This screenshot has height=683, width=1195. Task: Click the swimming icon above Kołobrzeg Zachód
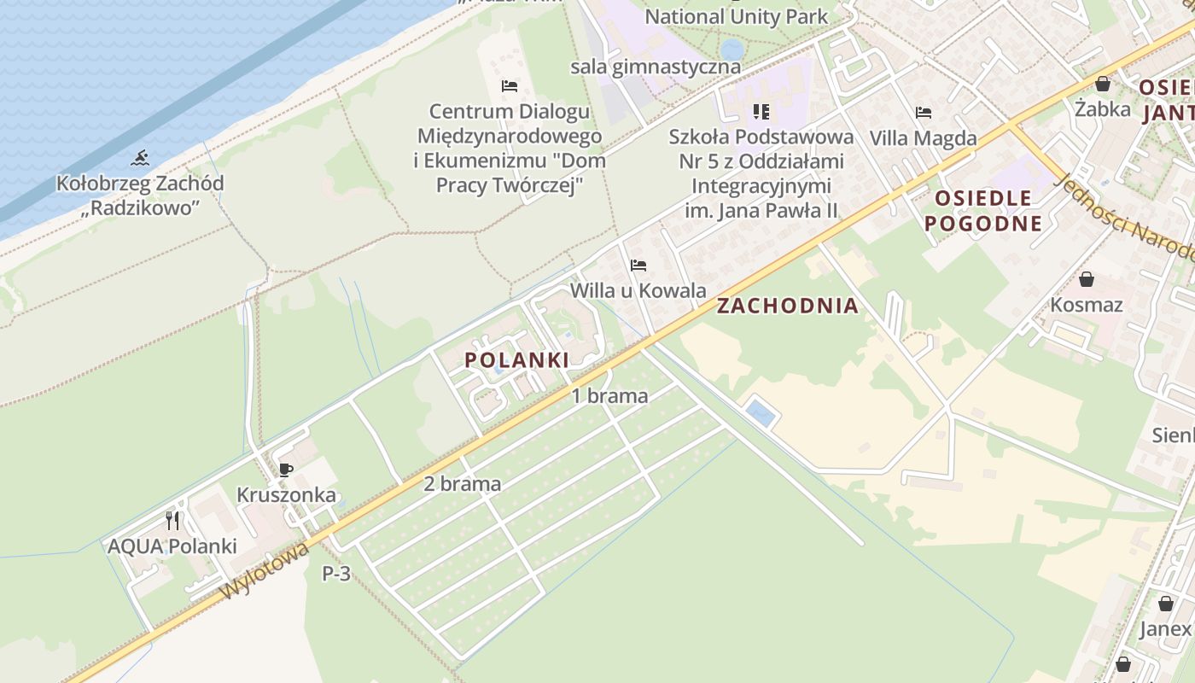[x=140, y=158]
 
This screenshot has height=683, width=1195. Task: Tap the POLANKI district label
[x=516, y=360]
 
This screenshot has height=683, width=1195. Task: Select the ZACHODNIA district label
[x=787, y=306]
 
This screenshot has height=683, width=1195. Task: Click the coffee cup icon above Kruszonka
[x=286, y=470]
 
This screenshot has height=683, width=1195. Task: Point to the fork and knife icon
[x=172, y=520]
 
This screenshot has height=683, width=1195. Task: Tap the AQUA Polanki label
[x=172, y=546]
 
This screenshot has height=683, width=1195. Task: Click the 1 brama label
[x=609, y=396]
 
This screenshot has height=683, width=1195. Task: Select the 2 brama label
[x=462, y=484]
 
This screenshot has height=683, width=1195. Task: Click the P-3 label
[x=336, y=574]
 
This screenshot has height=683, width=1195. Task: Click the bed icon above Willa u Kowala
[x=638, y=266]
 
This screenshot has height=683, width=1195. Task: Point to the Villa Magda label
[x=923, y=138]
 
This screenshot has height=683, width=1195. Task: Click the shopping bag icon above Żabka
[x=1103, y=84]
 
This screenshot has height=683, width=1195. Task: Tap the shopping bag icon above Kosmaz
[x=1087, y=279]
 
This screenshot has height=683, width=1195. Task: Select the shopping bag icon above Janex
[x=1165, y=604]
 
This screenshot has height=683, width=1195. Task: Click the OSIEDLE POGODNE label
[x=988, y=211]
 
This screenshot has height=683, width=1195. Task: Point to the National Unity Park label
[x=736, y=16]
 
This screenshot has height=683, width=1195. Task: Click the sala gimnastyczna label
[x=656, y=67]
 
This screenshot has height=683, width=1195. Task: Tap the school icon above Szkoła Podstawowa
[x=761, y=112]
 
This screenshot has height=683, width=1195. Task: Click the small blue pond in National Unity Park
[x=732, y=49]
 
